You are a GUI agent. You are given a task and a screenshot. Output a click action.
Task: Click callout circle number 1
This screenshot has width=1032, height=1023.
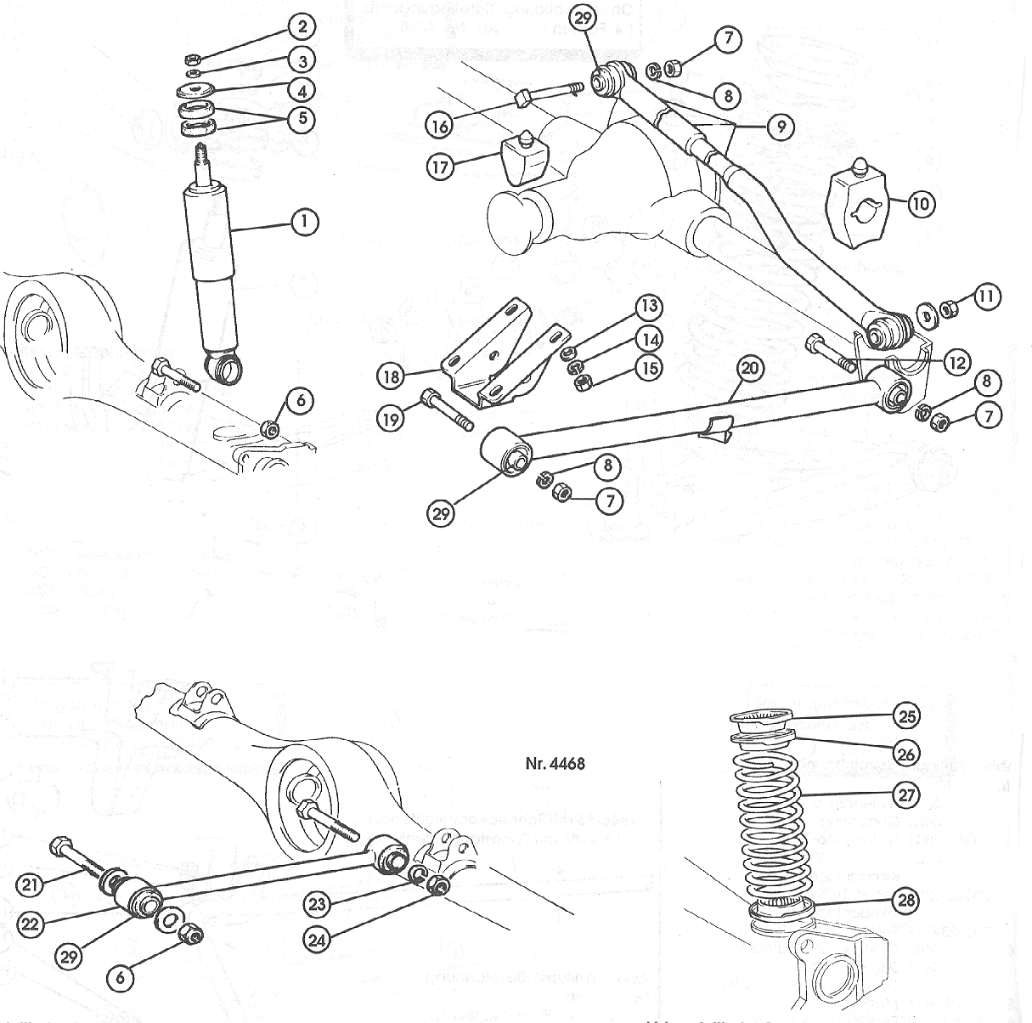coord(302,223)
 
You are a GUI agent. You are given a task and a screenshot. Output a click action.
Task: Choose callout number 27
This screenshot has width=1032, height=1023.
coord(907,795)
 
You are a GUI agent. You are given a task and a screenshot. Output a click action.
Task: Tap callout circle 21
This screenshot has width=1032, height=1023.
coord(31,885)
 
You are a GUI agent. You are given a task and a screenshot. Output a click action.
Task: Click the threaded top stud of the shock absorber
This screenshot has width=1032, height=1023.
coord(205,159)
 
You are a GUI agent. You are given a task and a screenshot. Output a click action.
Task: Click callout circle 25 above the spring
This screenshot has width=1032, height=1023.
coord(907,715)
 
